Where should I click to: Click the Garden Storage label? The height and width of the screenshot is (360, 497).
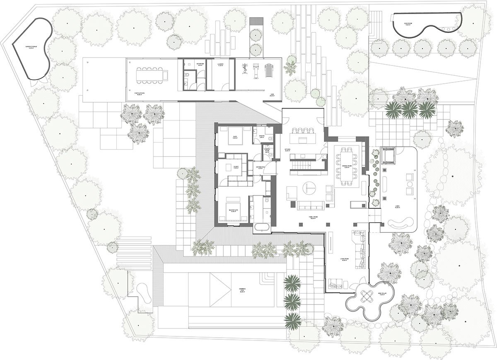[x=32, y=47]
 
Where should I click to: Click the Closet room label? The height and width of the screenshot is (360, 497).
[x=235, y=168]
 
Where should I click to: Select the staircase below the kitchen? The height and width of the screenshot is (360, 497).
[x=301, y=165]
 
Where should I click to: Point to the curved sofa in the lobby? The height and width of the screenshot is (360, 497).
[x=400, y=225]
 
